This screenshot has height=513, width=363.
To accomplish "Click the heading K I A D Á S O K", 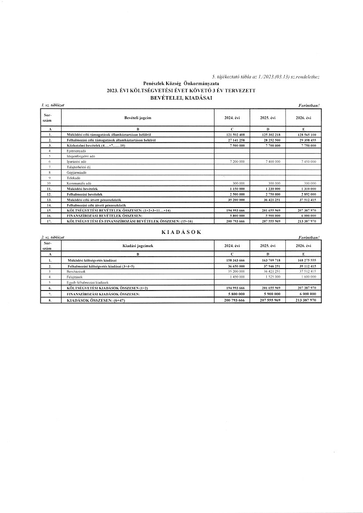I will pyautogui.click(x=181, y=232).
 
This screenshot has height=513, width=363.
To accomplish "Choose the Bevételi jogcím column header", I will pyautogui.click(x=138, y=118).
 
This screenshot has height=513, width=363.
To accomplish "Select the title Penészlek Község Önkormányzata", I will pyautogui.click(x=181, y=83).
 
